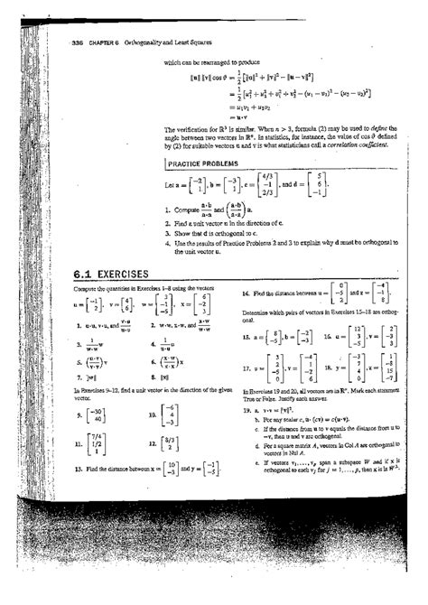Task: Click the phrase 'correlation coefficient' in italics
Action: [358, 144]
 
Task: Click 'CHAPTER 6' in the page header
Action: [92, 48]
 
